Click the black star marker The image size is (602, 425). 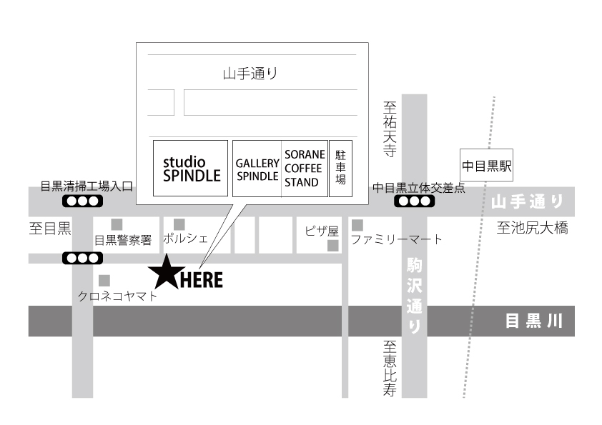(167, 274)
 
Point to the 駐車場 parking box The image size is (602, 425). (340, 169)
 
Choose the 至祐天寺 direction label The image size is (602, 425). (390, 129)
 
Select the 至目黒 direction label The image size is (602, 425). (50, 229)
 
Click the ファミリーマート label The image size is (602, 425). (397, 239)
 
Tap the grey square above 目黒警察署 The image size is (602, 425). (117, 225)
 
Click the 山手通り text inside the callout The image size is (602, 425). (250, 74)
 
